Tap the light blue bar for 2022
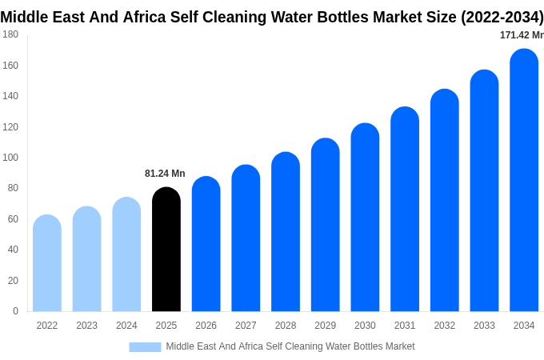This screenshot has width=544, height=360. click(47, 263)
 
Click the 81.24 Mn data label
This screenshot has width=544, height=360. click(165, 174)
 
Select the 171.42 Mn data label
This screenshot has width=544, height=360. click(522, 35)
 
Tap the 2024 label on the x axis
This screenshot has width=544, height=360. click(126, 326)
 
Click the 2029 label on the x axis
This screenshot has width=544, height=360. click(325, 326)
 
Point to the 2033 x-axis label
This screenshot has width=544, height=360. click(484, 326)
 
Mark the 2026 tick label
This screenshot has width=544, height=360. click(206, 326)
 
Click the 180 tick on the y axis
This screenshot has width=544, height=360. click(10, 34)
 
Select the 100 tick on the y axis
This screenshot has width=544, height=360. click(10, 158)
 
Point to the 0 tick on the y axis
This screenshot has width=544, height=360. click(15, 311)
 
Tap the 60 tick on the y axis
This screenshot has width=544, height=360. click(13, 219)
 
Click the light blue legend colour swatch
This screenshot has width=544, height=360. click(145, 347)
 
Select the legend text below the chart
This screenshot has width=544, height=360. click(290, 346)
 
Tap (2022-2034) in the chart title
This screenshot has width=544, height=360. click(502, 17)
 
